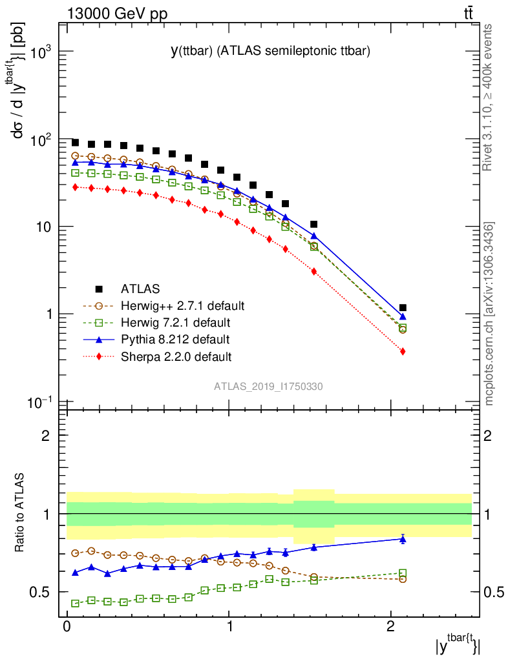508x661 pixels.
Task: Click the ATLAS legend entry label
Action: pos(140,289)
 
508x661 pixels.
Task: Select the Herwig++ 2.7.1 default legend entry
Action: pos(182,305)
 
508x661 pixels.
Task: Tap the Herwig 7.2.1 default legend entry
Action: pos(175,322)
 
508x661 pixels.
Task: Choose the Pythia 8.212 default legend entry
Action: pos(175,339)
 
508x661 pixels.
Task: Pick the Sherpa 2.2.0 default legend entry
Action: pos(176,356)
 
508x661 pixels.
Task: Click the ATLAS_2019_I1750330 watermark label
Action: pos(269,387)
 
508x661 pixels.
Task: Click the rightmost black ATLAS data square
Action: pos(403,308)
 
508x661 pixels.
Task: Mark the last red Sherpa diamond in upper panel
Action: pos(403,351)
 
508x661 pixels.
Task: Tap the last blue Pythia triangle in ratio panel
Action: pos(403,539)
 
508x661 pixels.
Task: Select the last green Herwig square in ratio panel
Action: pos(403,573)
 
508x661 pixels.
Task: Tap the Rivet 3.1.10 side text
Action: pos(489,97)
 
